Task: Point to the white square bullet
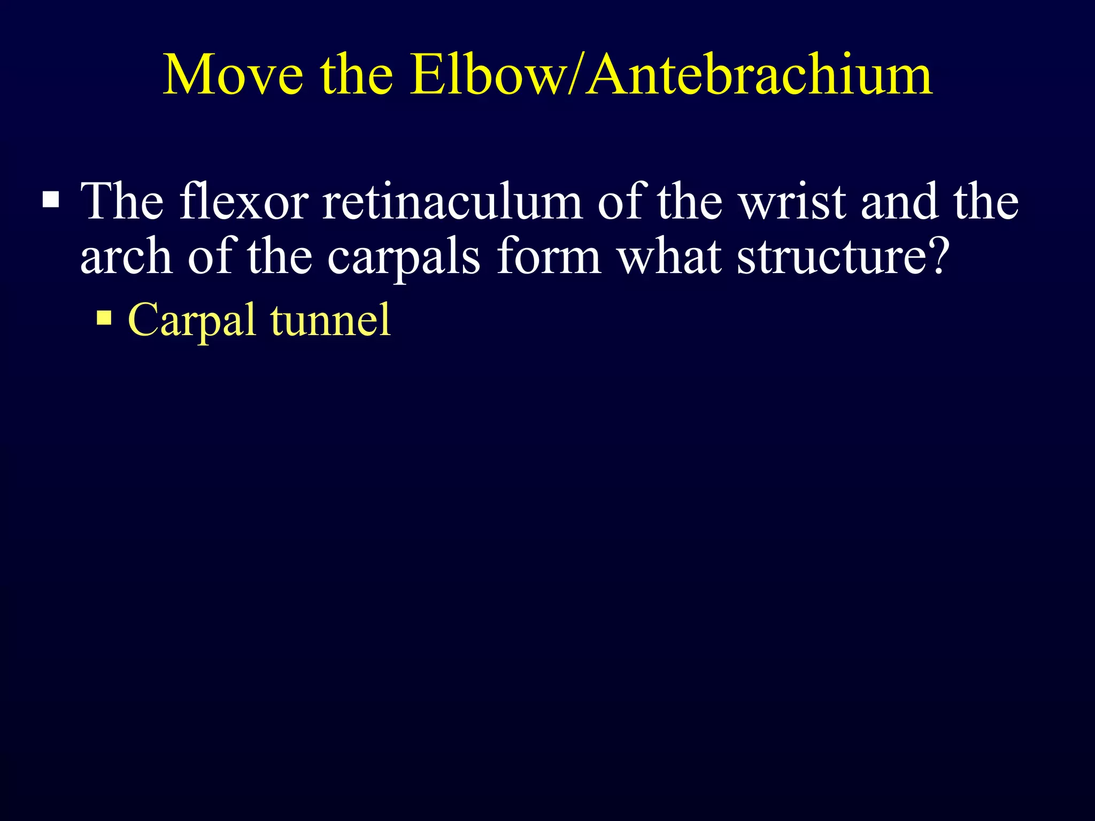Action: click(x=51, y=200)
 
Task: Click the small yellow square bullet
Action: click(x=104, y=319)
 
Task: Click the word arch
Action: click(x=126, y=257)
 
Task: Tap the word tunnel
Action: click(x=330, y=320)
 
